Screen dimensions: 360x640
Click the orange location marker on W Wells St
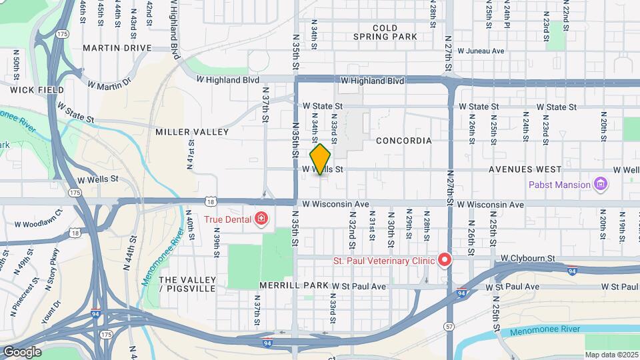coord(320,159)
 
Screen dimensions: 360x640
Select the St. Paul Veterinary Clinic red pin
coord(443,259)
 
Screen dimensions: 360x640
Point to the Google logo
coord(22,351)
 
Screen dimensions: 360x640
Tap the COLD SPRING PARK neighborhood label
coord(385,33)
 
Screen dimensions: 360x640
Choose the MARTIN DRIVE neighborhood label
coord(117,48)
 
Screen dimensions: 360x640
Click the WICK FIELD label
coord(37,89)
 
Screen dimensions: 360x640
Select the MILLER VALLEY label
coord(192,132)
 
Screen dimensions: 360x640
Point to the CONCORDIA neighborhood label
coord(403,141)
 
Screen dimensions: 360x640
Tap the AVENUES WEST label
coord(525,169)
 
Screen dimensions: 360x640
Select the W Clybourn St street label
coord(528,257)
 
